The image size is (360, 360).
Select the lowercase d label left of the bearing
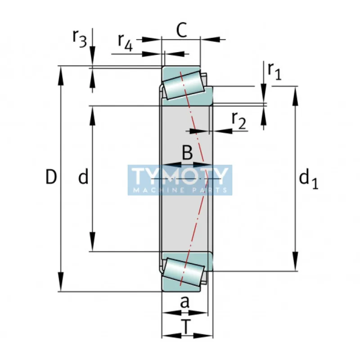pyautogui.click(x=83, y=178)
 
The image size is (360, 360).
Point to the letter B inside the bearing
pyautogui.click(x=187, y=153)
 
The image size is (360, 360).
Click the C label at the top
pyautogui.click(x=181, y=31)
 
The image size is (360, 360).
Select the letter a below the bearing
pyautogui.click(x=184, y=302)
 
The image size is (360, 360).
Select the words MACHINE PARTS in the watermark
pyautogui.click(x=180, y=190)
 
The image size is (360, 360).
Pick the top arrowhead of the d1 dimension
pyautogui.click(x=296, y=93)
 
